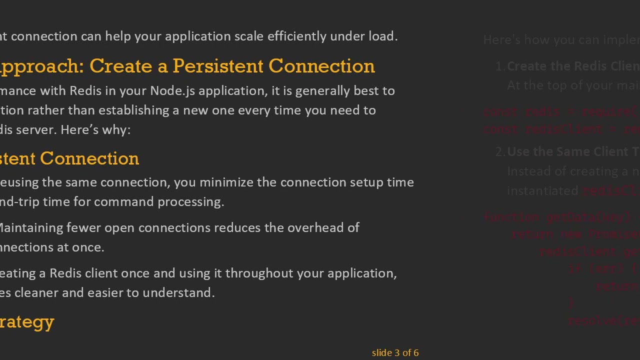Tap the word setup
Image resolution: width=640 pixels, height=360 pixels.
366,182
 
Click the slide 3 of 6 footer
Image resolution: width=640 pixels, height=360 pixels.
395,353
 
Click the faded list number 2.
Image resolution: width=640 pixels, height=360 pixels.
499,152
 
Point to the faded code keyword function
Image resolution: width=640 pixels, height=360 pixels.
512,217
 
